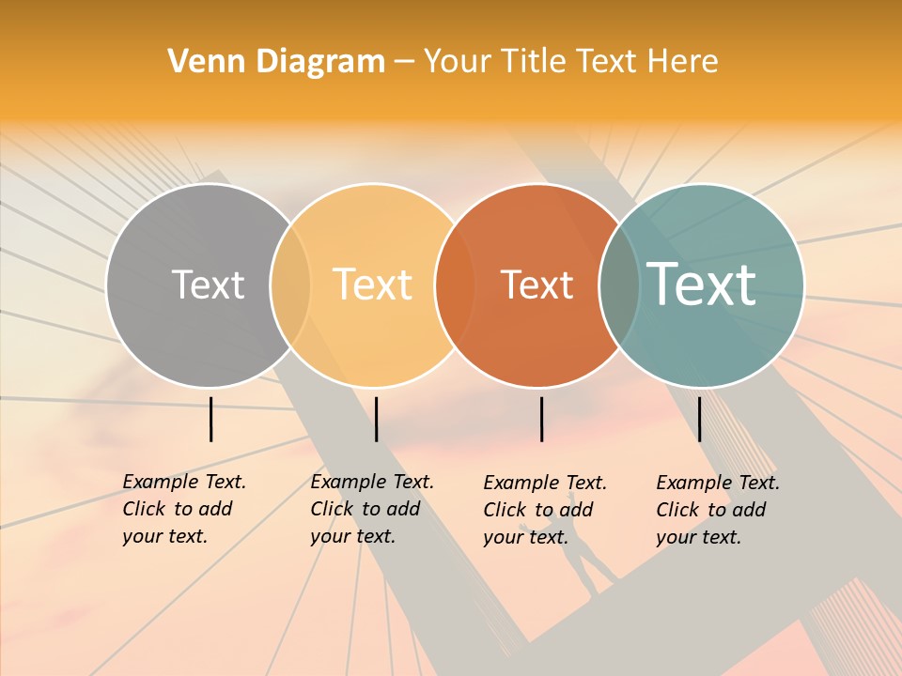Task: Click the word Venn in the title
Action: [x=198, y=62]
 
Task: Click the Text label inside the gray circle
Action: [x=208, y=284]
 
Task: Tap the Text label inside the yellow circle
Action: [x=373, y=284]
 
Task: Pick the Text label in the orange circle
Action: [x=537, y=284]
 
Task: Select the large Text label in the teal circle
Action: [x=702, y=284]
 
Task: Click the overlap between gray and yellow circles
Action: [x=290, y=284]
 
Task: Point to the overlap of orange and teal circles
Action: [x=619, y=284]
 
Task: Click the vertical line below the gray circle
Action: [x=211, y=419]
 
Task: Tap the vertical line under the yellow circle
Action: [x=376, y=419]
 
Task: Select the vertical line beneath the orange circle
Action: [x=541, y=419]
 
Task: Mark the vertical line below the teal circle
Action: [x=699, y=419]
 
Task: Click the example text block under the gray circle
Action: [x=183, y=509]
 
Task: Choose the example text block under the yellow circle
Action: [x=371, y=509]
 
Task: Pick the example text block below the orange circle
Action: [x=544, y=510]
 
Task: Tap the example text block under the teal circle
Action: [x=717, y=510]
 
